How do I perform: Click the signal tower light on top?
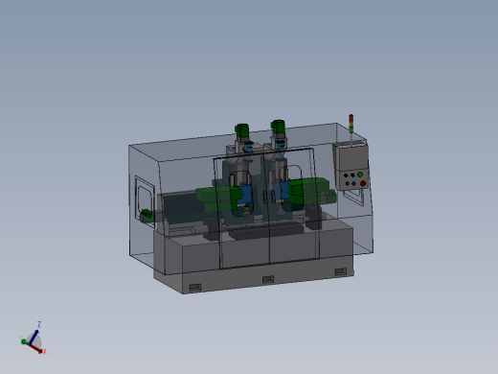(351, 122)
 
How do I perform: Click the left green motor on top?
(242, 130)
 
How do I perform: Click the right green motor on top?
(279, 127)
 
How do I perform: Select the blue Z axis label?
(38, 324)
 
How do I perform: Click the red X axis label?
(44, 351)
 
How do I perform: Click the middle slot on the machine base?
(267, 279)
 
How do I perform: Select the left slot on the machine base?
(195, 287)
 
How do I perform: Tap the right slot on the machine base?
(340, 272)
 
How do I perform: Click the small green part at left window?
(146, 214)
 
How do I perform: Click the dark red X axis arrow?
(38, 347)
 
